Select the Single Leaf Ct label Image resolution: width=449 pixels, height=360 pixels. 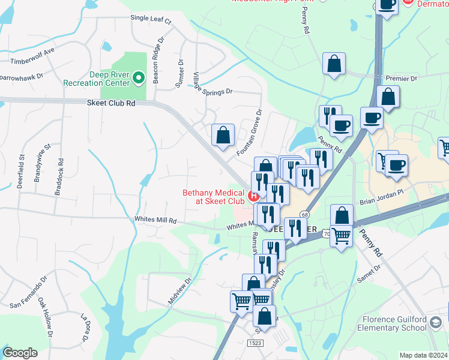[x=151, y=20]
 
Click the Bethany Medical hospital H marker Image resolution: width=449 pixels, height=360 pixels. [x=253, y=196]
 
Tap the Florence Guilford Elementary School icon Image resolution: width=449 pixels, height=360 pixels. [x=435, y=324]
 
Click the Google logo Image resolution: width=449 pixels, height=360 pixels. [x=20, y=353]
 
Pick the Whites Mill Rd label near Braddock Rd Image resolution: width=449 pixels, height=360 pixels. [x=155, y=221]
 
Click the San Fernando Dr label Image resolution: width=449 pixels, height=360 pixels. [x=28, y=293]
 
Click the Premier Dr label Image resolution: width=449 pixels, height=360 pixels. [x=401, y=79]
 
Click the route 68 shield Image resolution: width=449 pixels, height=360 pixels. [x=305, y=215]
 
